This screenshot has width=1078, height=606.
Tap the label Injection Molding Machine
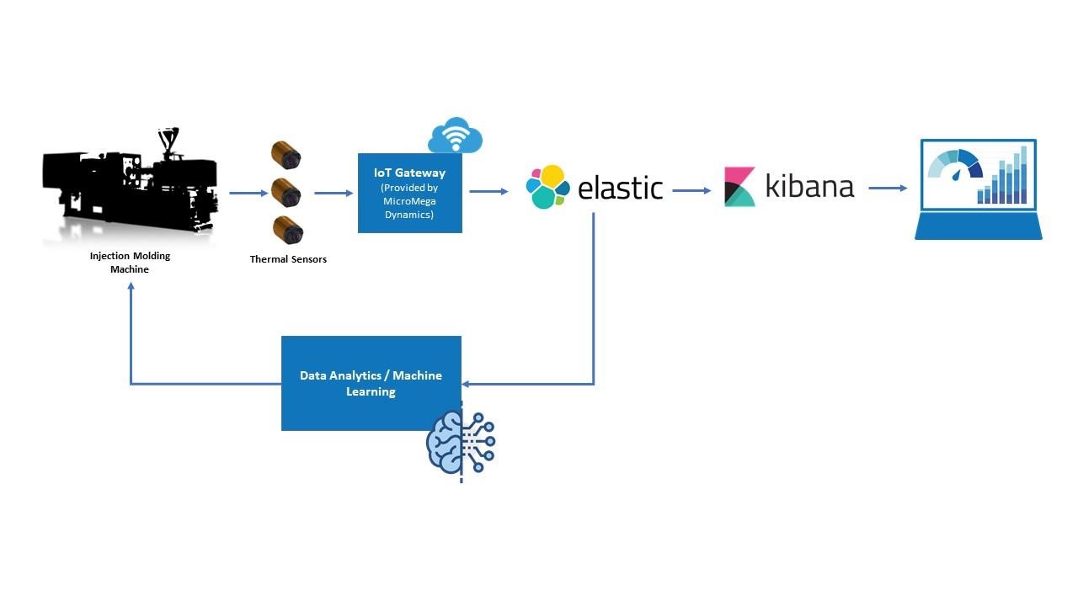tap(130, 263)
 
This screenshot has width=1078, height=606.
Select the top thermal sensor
tap(286, 156)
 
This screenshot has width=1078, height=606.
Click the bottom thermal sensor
tap(287, 230)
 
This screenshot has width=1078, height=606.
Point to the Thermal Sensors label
tap(288, 259)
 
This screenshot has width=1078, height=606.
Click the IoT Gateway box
tap(409, 193)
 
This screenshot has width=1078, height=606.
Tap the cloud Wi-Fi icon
tap(455, 136)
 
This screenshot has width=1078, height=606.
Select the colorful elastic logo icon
tap(547, 187)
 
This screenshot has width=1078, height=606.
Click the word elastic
tap(621, 188)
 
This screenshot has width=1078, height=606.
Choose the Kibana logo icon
tap(739, 187)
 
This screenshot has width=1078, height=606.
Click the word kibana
tap(809, 186)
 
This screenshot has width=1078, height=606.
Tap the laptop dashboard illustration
tap(978, 189)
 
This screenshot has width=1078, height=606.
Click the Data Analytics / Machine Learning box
tap(371, 383)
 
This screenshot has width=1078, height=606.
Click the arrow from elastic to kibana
tap(691, 190)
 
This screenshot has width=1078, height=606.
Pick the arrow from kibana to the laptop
tap(888, 189)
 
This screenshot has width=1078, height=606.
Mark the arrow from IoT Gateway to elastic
tap(488, 191)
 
